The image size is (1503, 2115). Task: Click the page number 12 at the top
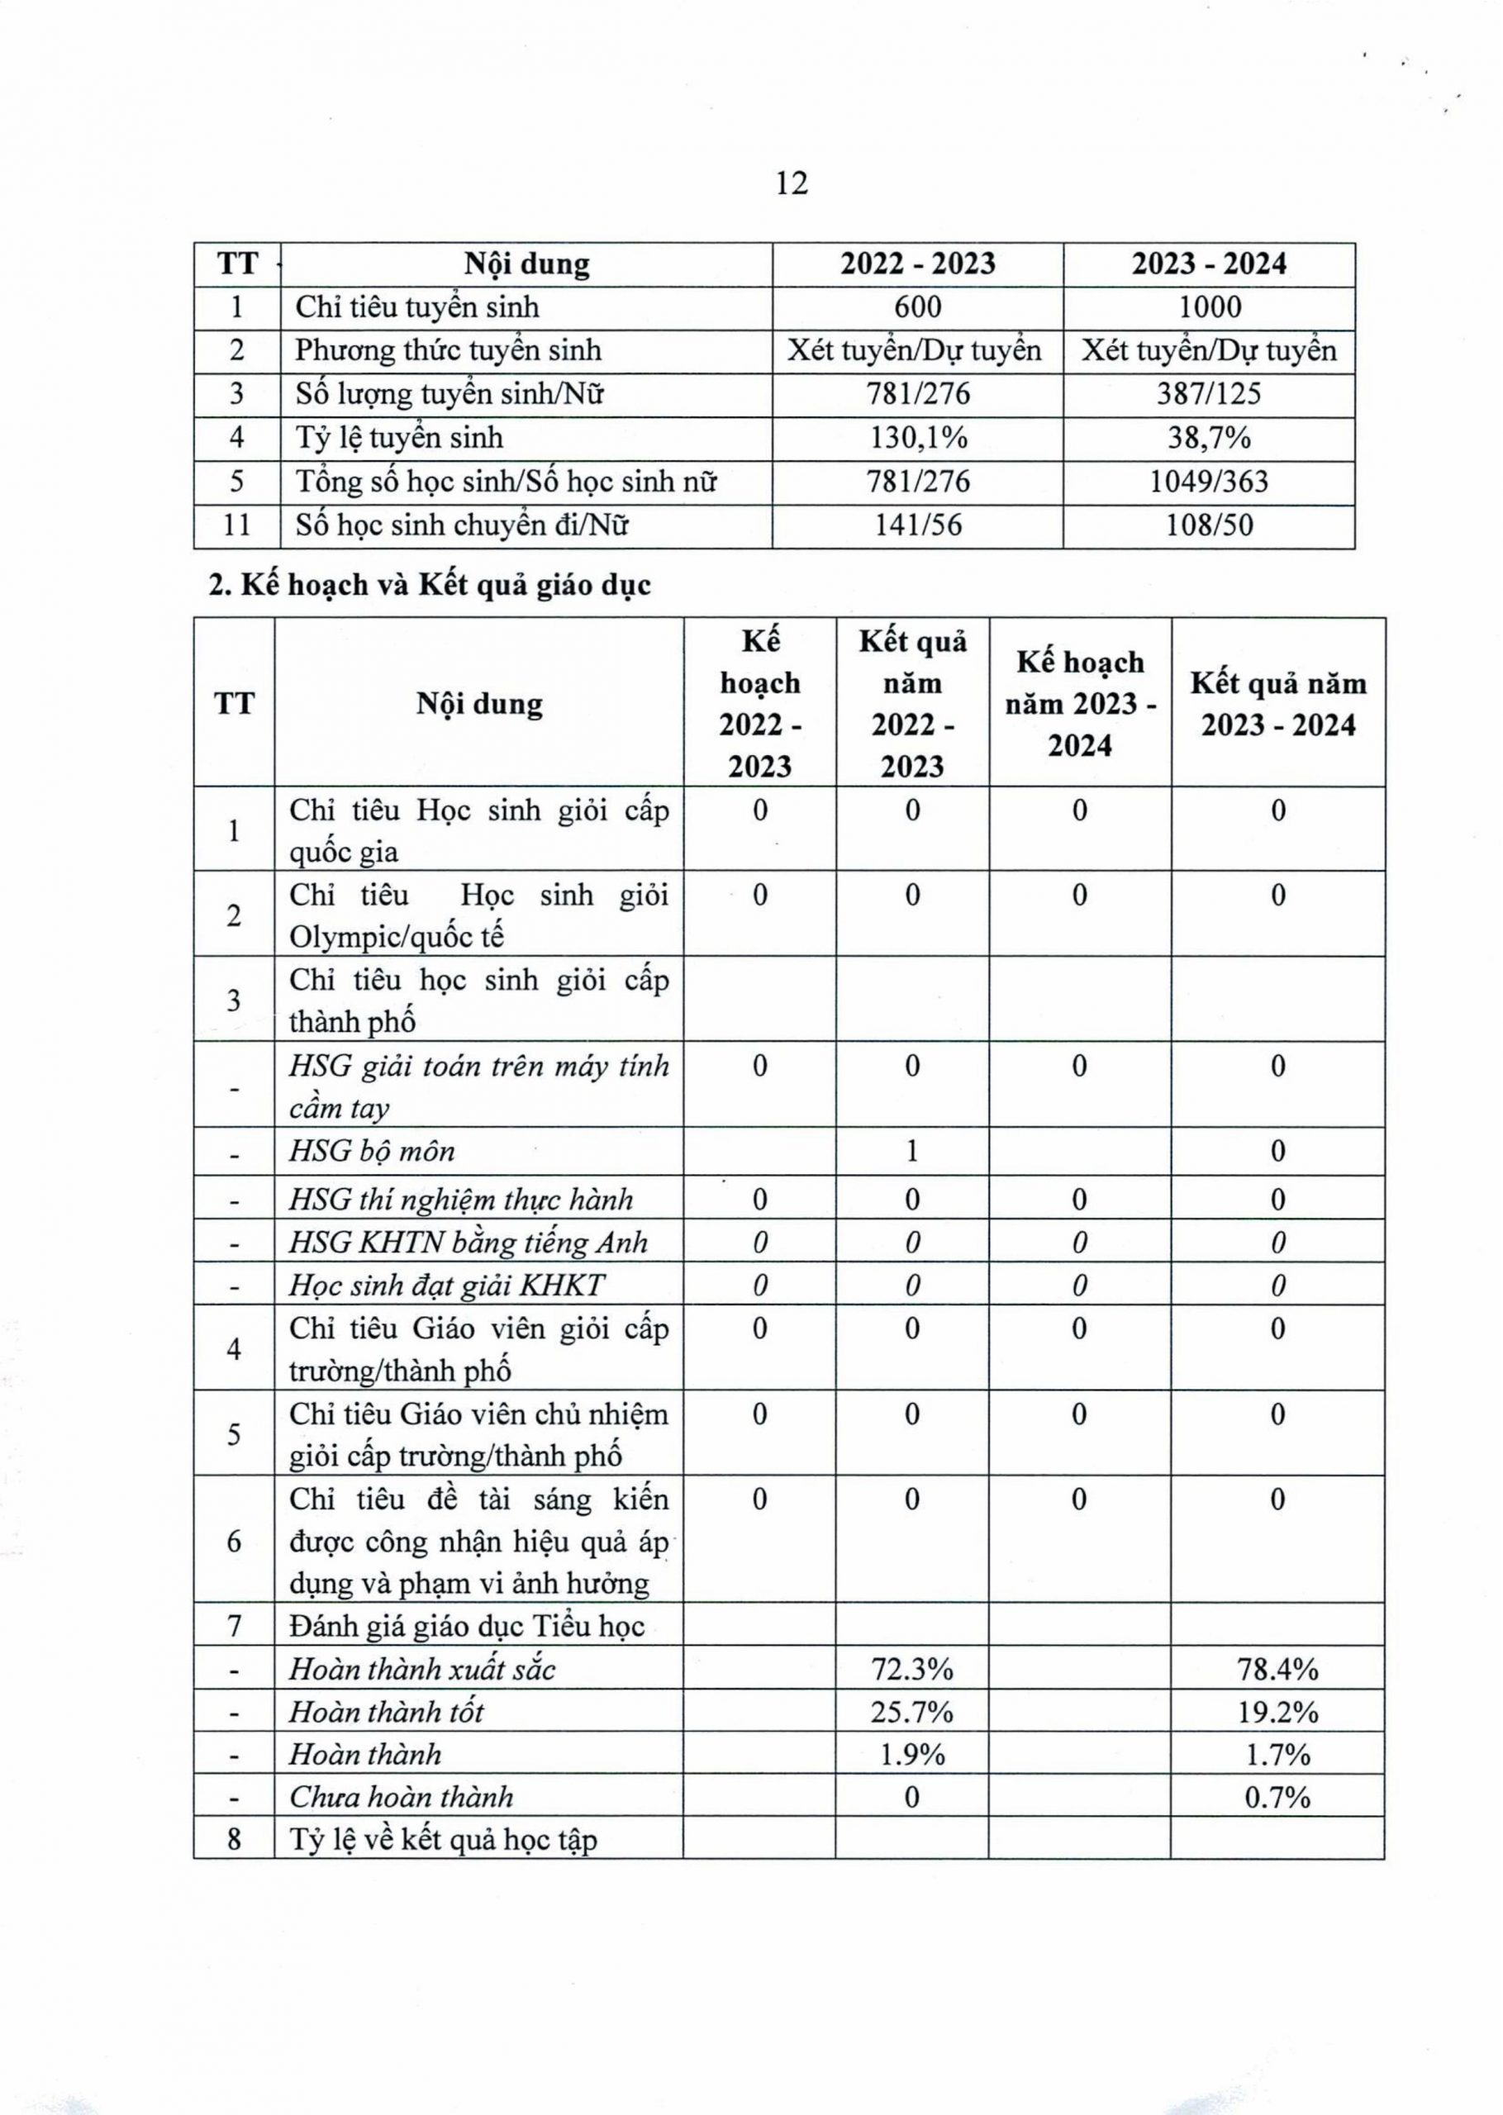click(x=793, y=183)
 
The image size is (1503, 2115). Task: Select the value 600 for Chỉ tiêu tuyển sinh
click(x=918, y=307)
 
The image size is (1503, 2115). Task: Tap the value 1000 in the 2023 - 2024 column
click(x=1210, y=307)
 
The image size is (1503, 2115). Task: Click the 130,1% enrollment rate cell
click(x=918, y=438)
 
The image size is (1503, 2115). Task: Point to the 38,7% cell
click(x=1210, y=438)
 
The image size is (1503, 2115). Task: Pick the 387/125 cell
click(x=1210, y=394)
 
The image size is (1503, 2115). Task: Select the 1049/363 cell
click(x=1210, y=481)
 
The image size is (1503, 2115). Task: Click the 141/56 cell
click(x=918, y=525)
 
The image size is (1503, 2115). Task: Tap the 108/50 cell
click(x=1210, y=525)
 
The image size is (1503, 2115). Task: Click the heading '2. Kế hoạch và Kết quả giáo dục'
click(x=430, y=585)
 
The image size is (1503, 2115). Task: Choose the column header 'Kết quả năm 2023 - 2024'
click(x=1278, y=704)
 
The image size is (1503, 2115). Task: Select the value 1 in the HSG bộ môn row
click(x=912, y=1151)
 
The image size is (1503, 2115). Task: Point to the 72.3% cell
click(x=912, y=1669)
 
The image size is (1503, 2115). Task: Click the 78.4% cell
click(x=1278, y=1669)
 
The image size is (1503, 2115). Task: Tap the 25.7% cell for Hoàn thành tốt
click(x=912, y=1712)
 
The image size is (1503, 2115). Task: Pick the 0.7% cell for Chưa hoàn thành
click(x=1278, y=1797)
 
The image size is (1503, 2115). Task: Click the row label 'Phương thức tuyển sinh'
click(x=448, y=350)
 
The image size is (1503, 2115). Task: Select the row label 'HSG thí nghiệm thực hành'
click(x=461, y=1200)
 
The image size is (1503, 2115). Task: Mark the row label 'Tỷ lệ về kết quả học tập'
click(x=444, y=1839)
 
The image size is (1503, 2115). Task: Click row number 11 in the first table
click(x=237, y=525)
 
